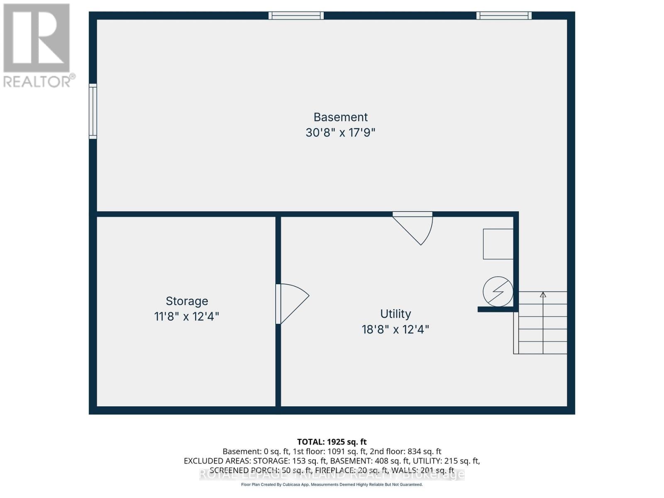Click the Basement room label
pyautogui.click(x=340, y=117)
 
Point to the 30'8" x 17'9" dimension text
pyautogui.click(x=340, y=133)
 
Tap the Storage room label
pyautogui.click(x=187, y=301)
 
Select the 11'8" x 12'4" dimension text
pyautogui.click(x=187, y=317)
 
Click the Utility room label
pyautogui.click(x=395, y=314)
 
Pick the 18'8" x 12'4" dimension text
pyautogui.click(x=395, y=330)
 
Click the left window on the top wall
pyautogui.click(x=296, y=16)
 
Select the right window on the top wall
pyautogui.click(x=504, y=16)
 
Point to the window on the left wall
pyautogui.click(x=93, y=111)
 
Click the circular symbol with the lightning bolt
pyautogui.click(x=498, y=292)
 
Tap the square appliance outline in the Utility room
pyautogui.click(x=498, y=244)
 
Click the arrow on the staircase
pyautogui.click(x=543, y=295)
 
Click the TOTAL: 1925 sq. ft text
pyautogui.click(x=332, y=442)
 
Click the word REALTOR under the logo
pyautogui.click(x=37, y=81)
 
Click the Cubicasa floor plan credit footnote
pyautogui.click(x=332, y=485)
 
